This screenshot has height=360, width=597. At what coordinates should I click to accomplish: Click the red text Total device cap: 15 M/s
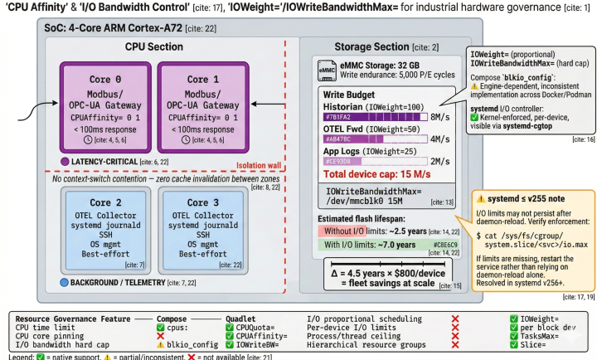[375, 174]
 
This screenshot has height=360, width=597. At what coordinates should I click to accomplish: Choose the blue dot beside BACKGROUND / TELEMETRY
[65, 282]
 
